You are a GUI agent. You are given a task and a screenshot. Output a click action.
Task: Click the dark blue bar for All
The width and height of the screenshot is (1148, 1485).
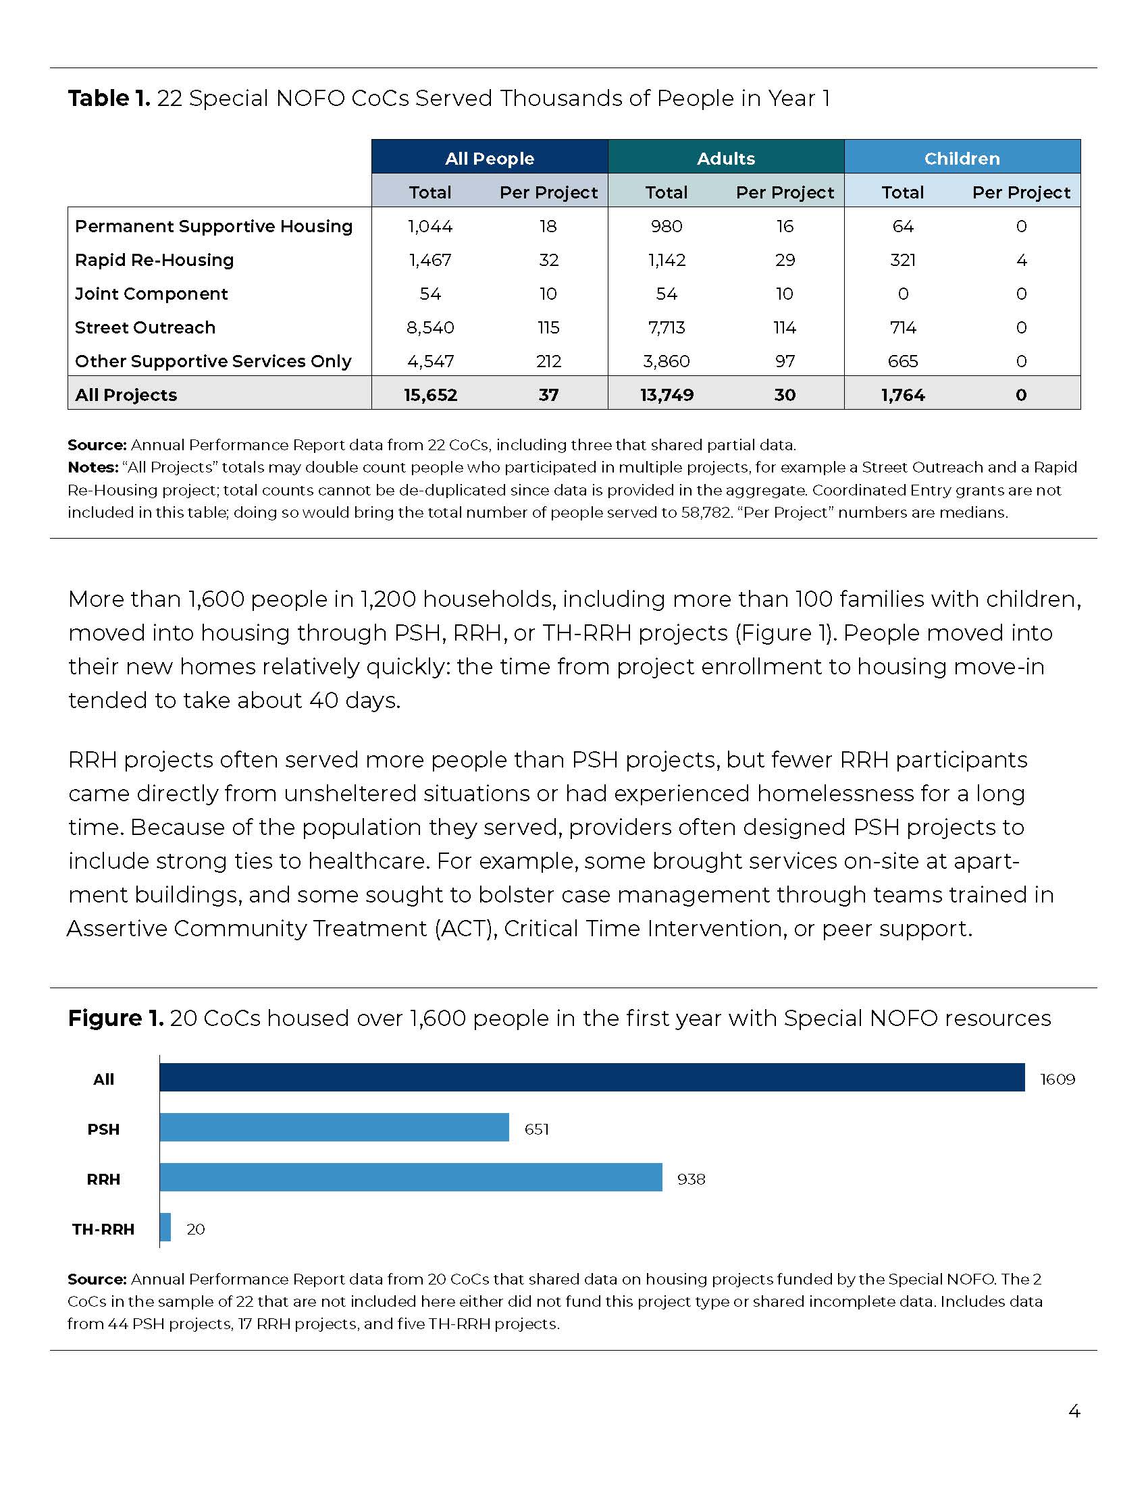pyautogui.click(x=592, y=1078)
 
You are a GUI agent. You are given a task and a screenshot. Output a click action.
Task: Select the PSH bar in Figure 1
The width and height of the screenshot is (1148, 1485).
pyautogui.click(x=334, y=1127)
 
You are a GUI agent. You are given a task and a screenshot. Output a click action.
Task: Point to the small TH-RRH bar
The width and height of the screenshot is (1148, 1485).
pyautogui.click(x=165, y=1227)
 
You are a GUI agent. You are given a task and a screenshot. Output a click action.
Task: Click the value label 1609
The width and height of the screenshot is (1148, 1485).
pyautogui.click(x=1057, y=1079)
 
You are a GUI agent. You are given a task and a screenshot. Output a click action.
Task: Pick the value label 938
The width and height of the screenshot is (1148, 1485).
pyautogui.click(x=691, y=1179)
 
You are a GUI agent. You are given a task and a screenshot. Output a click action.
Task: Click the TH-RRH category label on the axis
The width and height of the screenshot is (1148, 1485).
pyautogui.click(x=103, y=1228)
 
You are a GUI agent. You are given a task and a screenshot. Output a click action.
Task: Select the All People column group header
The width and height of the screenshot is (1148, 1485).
pyautogui.click(x=489, y=158)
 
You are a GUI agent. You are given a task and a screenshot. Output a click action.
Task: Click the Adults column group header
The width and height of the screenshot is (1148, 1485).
pyautogui.click(x=726, y=158)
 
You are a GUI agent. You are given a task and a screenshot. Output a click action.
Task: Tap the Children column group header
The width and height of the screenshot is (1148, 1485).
pyautogui.click(x=962, y=158)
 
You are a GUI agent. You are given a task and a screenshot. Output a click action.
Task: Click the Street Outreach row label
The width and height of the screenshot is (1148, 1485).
pyautogui.click(x=145, y=327)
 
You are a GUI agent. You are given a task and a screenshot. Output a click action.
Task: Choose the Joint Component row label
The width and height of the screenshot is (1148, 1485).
pyautogui.click(x=151, y=294)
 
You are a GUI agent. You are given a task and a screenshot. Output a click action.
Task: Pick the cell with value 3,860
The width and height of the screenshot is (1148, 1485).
pyautogui.click(x=666, y=361)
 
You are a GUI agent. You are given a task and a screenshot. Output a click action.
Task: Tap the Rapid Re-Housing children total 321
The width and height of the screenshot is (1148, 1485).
pyautogui.click(x=902, y=260)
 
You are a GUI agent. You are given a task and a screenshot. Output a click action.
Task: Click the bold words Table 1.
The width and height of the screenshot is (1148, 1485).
pyautogui.click(x=109, y=99)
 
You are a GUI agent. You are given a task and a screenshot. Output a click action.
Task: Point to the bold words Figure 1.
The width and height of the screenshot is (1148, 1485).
pyautogui.click(x=115, y=1018)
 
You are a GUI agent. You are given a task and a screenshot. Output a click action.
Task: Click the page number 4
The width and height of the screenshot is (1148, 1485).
pyautogui.click(x=1074, y=1411)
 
